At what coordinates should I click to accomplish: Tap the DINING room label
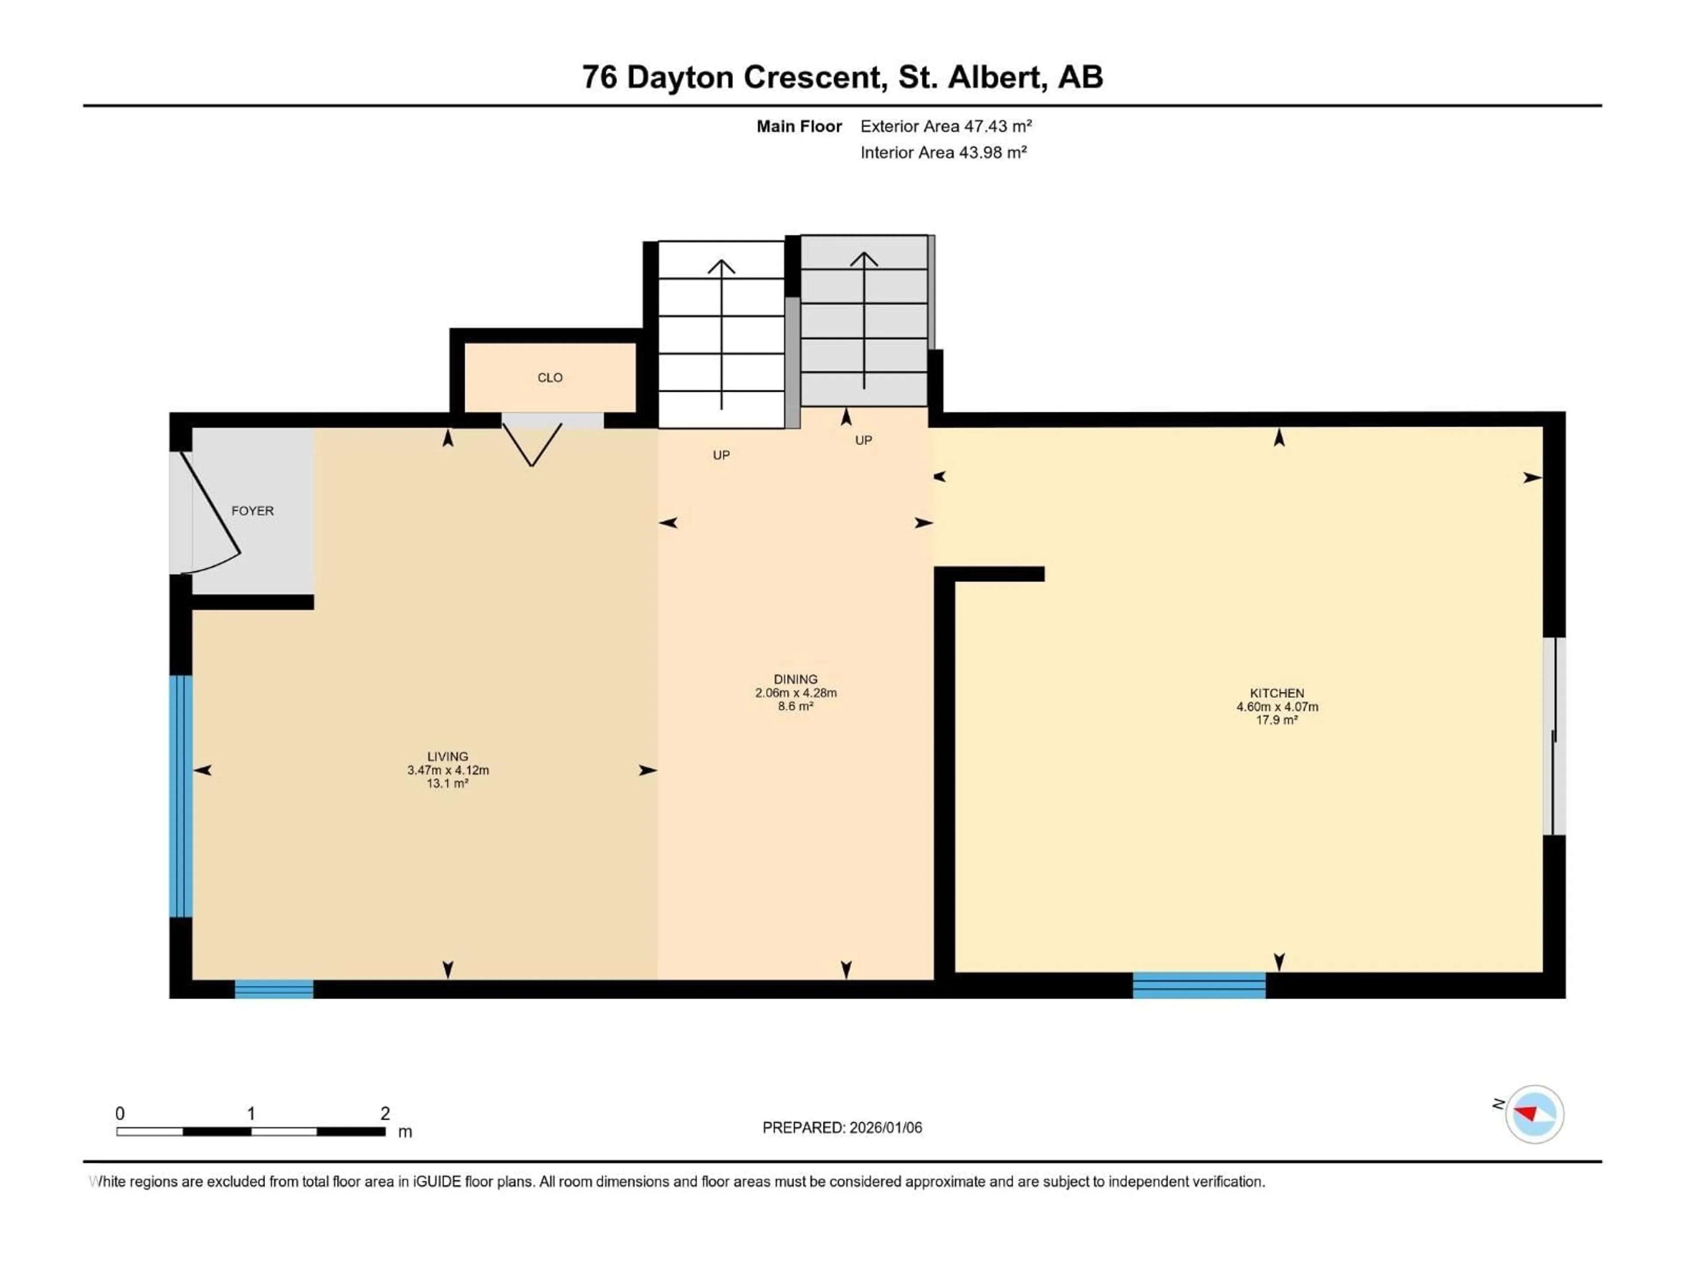[795, 679]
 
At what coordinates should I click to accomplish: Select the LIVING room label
[447, 757]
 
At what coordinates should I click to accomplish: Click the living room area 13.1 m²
[447, 784]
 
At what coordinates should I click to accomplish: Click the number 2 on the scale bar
[385, 1113]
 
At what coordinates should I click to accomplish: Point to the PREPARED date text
[842, 1128]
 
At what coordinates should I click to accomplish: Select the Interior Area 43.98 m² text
[943, 152]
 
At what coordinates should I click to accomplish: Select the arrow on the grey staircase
[864, 320]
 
